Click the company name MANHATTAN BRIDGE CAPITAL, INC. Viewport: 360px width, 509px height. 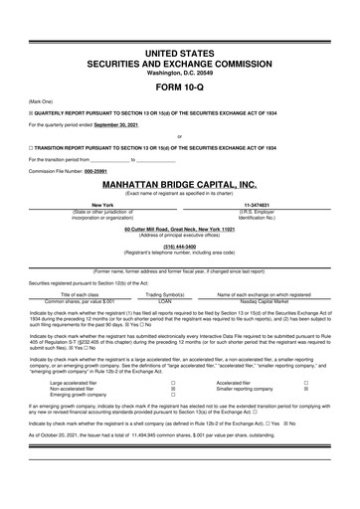(179, 185)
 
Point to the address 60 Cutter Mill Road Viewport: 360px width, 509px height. (179, 230)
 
